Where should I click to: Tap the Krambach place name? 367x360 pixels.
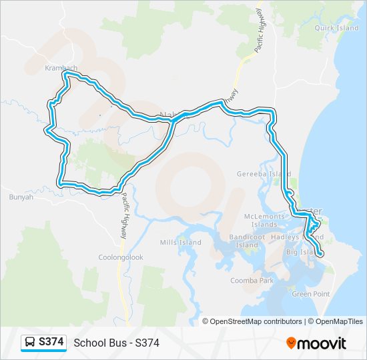pos(61,68)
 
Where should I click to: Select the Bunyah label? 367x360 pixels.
pos(21,197)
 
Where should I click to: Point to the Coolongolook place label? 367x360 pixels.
pos(121,257)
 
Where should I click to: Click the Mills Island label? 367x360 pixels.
pos(180,242)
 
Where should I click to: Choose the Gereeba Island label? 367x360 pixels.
pos(264,174)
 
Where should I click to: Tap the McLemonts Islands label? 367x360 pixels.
pos(264,220)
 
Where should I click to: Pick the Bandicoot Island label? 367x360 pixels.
pos(247,241)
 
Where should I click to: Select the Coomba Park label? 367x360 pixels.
pos(252,281)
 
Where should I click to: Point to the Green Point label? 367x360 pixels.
pos(311,293)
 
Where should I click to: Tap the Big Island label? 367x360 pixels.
pos(300,252)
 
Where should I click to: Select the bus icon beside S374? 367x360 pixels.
pos(31,342)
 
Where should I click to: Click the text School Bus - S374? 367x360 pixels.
pos(116,343)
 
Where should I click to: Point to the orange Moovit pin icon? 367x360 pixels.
pos(291,343)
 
